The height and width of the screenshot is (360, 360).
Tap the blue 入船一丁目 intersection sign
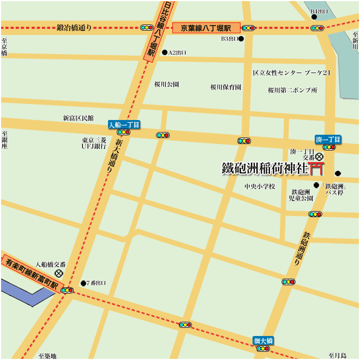click(124, 124)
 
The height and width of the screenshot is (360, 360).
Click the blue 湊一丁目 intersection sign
click(328, 140)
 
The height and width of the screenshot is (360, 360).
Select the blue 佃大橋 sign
click(263, 340)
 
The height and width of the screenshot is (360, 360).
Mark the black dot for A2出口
click(165, 52)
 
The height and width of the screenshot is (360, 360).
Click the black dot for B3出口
click(241, 39)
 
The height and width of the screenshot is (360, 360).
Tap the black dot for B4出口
click(314, 17)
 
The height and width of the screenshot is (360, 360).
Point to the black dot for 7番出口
click(83, 283)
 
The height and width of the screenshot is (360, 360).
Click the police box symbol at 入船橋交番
click(58, 273)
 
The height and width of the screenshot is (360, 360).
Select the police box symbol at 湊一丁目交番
click(320, 157)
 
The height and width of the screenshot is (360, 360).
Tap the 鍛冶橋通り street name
click(74, 27)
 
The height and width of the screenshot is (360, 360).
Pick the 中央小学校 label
click(260, 187)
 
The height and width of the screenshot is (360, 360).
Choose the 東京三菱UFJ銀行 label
click(94, 143)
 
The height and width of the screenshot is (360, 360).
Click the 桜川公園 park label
click(166, 85)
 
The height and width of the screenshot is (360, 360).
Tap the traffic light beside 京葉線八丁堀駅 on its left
click(146, 27)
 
